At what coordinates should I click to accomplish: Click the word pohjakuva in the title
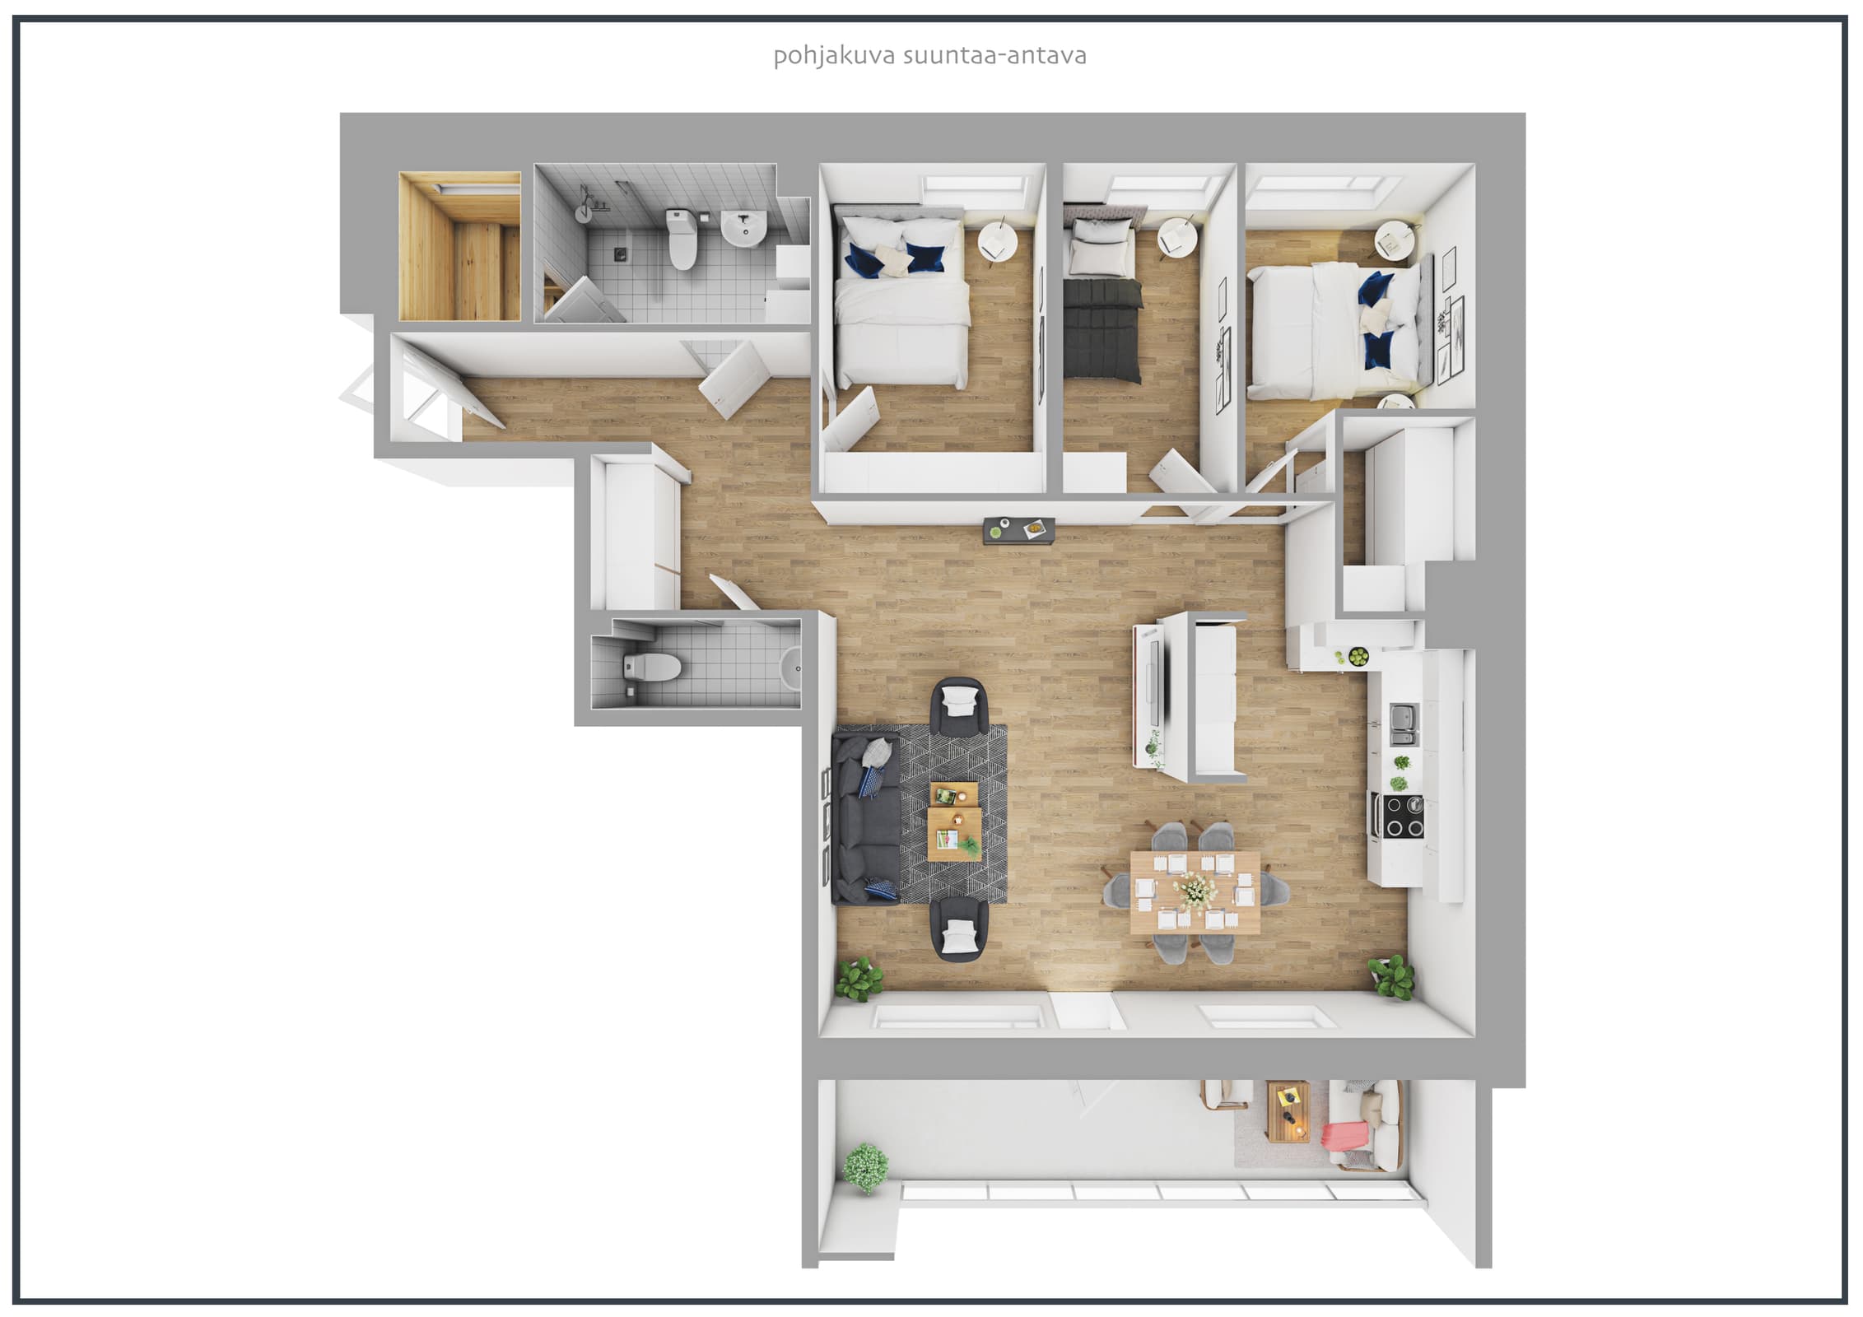coord(834,57)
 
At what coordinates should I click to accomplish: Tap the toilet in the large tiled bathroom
coord(682,240)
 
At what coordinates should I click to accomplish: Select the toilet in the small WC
coord(652,667)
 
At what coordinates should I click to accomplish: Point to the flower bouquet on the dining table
coord(1196,891)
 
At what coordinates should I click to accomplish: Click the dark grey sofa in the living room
coord(866,820)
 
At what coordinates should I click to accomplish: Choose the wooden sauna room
coord(459,245)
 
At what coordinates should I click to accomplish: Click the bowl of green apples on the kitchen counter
coord(1358,656)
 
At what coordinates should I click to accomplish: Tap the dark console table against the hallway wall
coord(1019,530)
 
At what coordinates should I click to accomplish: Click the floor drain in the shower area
coord(619,251)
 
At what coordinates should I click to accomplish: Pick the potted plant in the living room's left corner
coord(859,979)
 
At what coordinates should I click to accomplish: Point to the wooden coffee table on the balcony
coord(1288,1112)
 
